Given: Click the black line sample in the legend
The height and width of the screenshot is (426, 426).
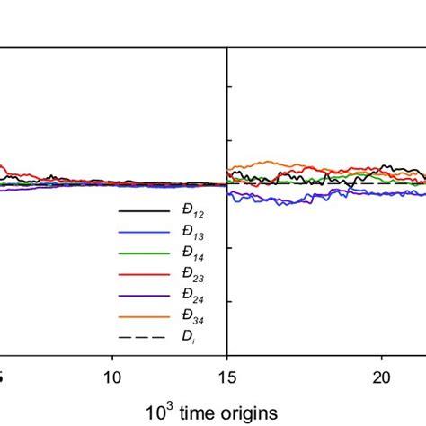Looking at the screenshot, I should [144, 211].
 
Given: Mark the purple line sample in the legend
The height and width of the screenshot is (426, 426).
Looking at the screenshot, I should [144, 296].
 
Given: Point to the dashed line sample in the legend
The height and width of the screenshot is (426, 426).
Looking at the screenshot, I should [144, 338].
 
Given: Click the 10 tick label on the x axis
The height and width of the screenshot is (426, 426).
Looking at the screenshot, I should [112, 374].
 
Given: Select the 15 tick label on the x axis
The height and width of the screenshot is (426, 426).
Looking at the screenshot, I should [227, 374].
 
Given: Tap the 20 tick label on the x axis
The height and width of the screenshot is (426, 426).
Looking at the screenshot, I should [380, 374].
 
